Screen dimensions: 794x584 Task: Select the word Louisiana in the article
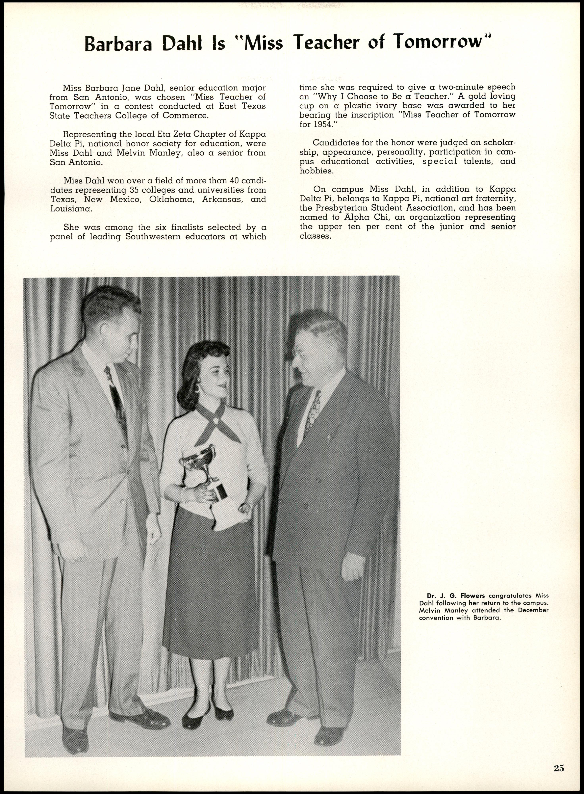(71, 208)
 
